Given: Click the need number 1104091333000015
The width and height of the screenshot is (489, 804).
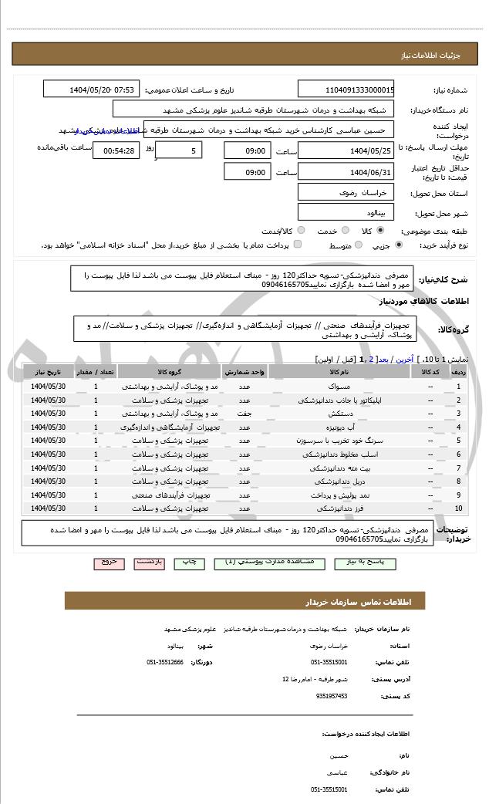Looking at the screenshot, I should click(346, 90).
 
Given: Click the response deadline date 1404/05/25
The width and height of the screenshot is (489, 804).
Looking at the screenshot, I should click(346, 150).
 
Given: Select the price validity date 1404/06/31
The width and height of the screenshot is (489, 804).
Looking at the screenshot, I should click(346, 172).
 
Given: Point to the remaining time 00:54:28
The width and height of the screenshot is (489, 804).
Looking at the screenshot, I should click(116, 150).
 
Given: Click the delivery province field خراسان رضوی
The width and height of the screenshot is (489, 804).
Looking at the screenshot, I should click(346, 192).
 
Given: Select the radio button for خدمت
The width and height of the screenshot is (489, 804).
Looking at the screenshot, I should click(344, 231).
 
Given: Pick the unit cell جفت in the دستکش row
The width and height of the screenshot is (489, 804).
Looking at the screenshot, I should click(244, 413).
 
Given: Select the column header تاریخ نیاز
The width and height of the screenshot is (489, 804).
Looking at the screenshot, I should click(49, 372).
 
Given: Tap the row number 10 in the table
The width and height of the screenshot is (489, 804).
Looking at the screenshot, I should click(459, 508).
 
